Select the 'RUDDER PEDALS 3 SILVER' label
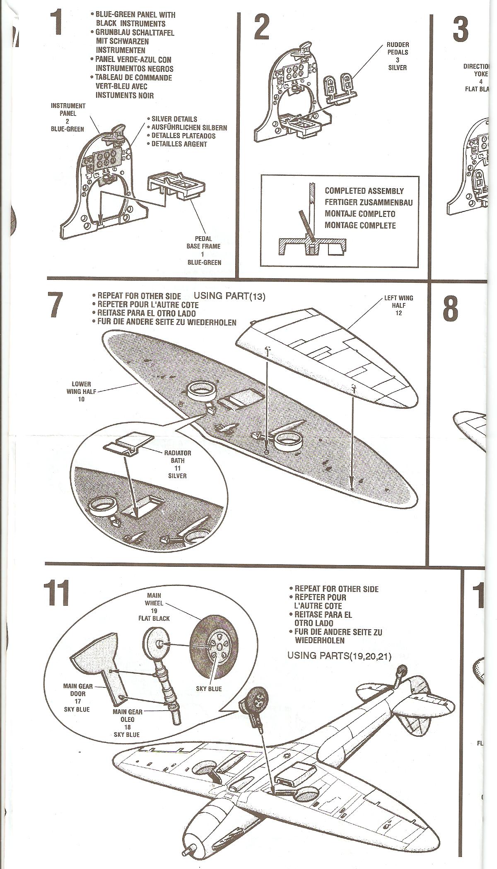tap(398, 56)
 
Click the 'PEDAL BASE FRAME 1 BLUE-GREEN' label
tap(204, 250)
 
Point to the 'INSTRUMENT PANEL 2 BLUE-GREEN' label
tap(68, 117)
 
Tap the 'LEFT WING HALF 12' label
tap(398, 305)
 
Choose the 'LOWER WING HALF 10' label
tap(81, 391)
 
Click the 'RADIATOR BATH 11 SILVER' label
tap(178, 464)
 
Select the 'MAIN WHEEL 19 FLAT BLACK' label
tap(154, 607)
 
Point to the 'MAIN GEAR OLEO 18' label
tap(128, 723)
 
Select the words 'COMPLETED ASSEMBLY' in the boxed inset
tap(364, 191)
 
